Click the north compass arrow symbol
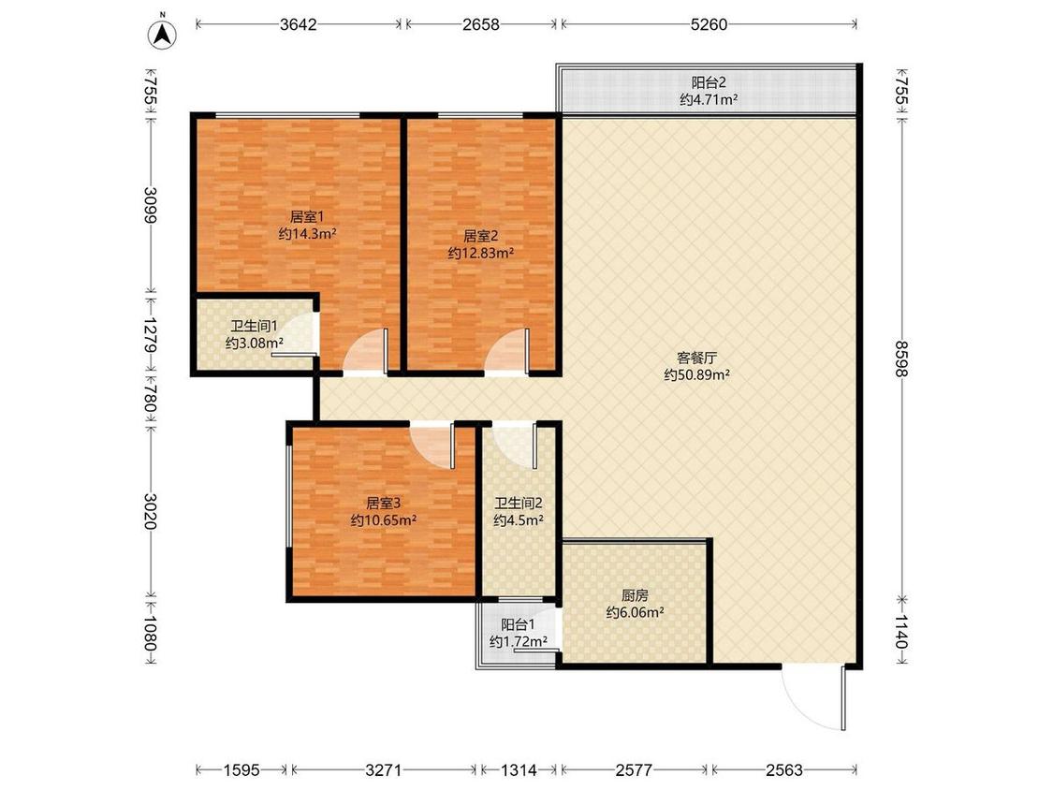[162, 34]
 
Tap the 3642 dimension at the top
[299, 25]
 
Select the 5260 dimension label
[709, 25]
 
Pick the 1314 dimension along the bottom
[519, 769]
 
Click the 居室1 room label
[307, 217]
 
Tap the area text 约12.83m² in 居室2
[481, 254]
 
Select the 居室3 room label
[383, 504]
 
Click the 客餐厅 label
[696, 358]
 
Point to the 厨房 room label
[635, 595]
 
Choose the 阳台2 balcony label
[709, 83]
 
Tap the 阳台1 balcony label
[518, 624]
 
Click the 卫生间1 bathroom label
[254, 327]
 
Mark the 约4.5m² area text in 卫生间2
[519, 519]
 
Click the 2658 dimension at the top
[481, 25]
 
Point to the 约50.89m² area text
[697, 374]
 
